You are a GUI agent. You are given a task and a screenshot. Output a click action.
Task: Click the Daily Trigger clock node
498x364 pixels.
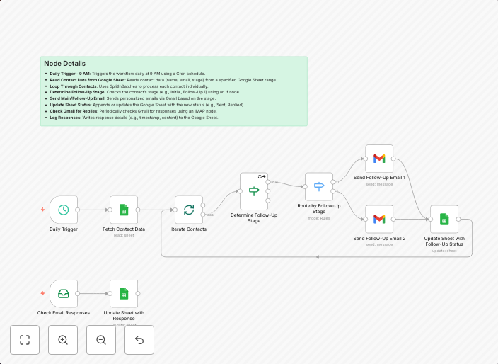tap(64, 210)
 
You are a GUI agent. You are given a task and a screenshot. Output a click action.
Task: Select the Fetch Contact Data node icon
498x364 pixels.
tap(124, 210)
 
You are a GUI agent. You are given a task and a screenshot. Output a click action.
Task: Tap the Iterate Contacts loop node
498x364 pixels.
tap(189, 210)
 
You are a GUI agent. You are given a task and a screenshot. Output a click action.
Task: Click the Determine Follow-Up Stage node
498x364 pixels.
tap(254, 191)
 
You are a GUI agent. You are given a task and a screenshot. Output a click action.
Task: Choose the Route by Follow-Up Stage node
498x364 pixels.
tap(319, 186)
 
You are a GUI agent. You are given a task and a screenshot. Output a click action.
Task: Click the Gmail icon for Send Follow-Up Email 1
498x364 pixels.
tap(379, 159)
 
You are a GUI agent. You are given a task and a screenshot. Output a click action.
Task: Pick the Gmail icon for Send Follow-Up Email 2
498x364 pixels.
tap(379, 219)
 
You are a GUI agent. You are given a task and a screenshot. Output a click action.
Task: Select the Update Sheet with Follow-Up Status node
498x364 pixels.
tap(444, 219)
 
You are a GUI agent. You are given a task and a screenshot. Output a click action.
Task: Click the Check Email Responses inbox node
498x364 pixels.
tap(64, 293)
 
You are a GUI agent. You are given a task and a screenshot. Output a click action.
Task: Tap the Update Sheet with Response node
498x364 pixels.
tap(124, 293)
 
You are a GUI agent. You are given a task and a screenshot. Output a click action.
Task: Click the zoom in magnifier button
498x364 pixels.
tap(63, 340)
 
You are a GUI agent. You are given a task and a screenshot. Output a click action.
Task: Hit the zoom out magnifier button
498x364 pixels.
tap(101, 340)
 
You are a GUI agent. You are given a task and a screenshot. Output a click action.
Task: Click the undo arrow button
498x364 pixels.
tap(139, 340)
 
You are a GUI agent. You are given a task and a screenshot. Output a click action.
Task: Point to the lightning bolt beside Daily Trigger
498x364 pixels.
tap(42, 210)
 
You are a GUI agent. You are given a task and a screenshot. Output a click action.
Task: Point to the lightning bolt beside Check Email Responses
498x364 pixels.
tap(42, 293)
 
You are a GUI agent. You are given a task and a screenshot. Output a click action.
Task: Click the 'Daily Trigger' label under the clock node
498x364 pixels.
tap(64, 229)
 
